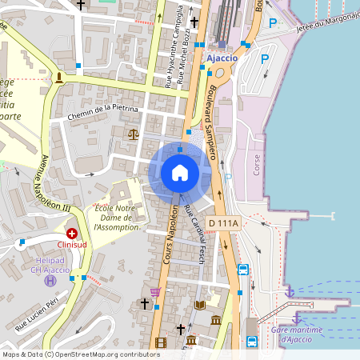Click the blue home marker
click(x=180, y=172)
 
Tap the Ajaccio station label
click(x=222, y=58)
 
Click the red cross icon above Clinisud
click(x=72, y=233)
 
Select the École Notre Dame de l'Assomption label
click(x=117, y=217)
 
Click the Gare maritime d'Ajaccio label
click(x=296, y=334)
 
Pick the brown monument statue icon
click(x=58, y=77)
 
